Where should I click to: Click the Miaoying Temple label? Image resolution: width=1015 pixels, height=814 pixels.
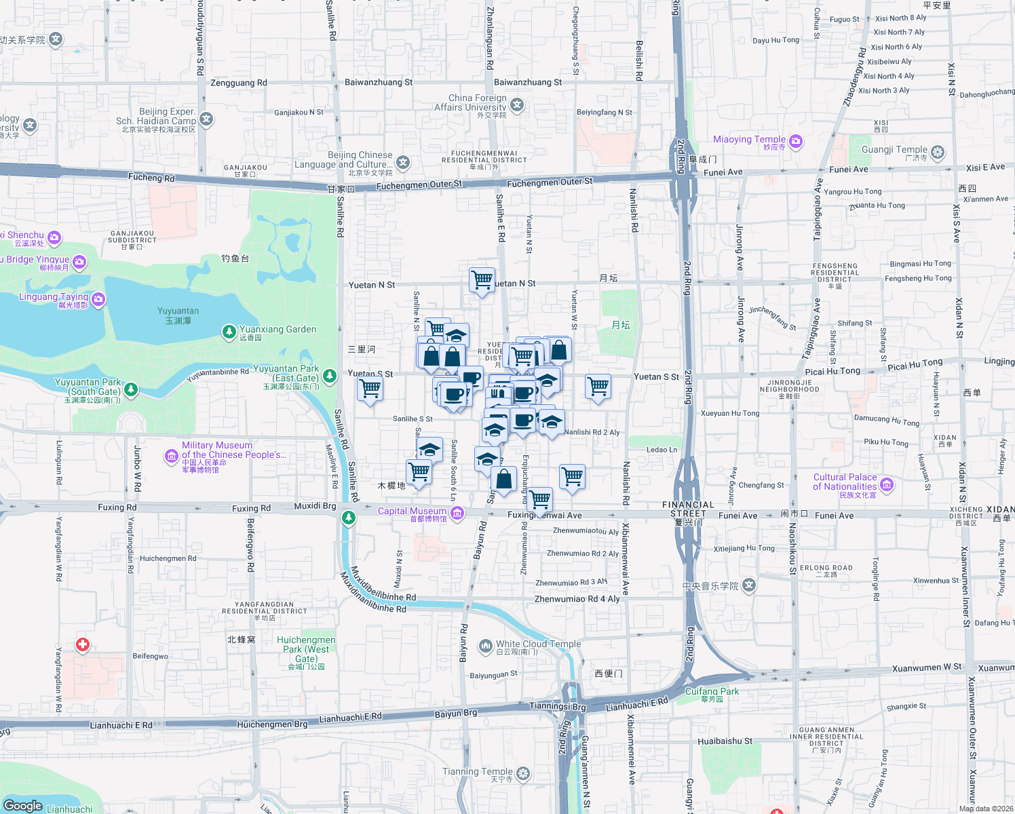pos(749,139)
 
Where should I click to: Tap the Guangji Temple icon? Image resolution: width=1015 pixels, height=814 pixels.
pos(938,152)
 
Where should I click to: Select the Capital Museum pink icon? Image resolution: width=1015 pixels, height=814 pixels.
pos(457,513)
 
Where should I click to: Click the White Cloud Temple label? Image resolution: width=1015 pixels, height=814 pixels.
pos(538,644)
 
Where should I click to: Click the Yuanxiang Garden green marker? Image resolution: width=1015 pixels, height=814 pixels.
pos(229,332)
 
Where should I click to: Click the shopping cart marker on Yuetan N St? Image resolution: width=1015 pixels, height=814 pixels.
pos(482,279)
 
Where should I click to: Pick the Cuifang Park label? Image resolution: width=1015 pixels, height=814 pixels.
pos(712,691)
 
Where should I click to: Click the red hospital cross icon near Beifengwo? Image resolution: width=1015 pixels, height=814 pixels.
pos(83,644)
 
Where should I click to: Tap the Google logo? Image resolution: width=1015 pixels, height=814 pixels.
pos(23,805)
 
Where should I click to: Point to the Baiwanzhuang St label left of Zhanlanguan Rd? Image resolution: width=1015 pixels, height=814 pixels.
pos(378,82)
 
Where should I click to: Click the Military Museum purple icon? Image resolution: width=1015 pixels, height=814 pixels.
pos(172,457)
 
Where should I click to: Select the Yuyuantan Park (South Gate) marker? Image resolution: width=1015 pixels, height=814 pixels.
pos(131,389)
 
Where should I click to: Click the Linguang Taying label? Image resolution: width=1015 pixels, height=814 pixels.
pos(54,296)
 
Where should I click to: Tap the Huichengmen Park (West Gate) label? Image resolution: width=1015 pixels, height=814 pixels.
pos(306,649)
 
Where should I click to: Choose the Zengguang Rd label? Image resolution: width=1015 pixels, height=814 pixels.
pos(239,83)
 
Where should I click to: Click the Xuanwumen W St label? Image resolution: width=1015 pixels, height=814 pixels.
pos(926,667)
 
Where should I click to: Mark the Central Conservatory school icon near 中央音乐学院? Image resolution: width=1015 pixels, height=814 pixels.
pos(748,585)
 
